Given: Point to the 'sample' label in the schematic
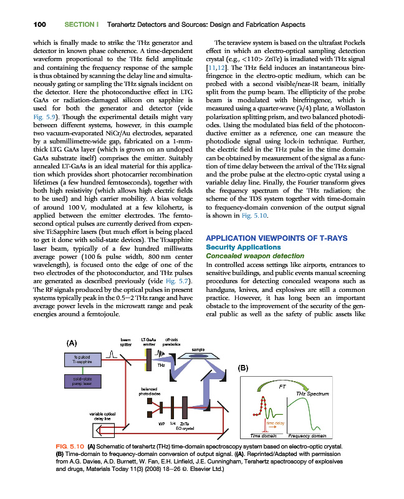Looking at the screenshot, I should click(198, 349).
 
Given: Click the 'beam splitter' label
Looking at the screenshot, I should click(125, 341).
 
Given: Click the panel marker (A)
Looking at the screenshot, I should click(73, 342).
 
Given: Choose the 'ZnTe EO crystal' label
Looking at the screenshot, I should click(185, 426).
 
